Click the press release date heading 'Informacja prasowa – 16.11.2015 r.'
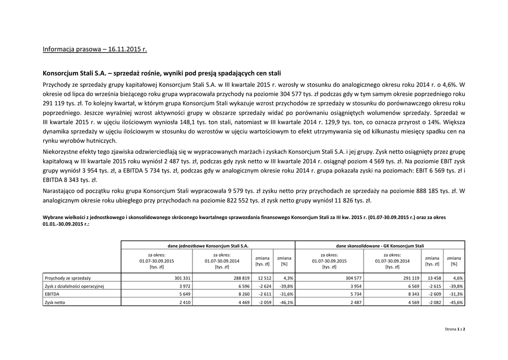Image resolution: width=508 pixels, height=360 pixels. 95,50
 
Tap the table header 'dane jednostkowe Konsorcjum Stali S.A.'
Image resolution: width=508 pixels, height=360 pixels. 208,246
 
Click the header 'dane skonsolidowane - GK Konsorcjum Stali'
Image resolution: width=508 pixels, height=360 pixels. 380,246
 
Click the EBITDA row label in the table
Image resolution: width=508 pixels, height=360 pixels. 53,294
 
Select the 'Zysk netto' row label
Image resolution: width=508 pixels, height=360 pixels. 56,302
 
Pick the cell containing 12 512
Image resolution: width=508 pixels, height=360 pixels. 263,278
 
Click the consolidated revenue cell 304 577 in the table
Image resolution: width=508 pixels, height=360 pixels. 352,278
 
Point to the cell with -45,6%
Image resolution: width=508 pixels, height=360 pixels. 455,302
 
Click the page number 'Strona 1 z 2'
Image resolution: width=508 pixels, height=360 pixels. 455,329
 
